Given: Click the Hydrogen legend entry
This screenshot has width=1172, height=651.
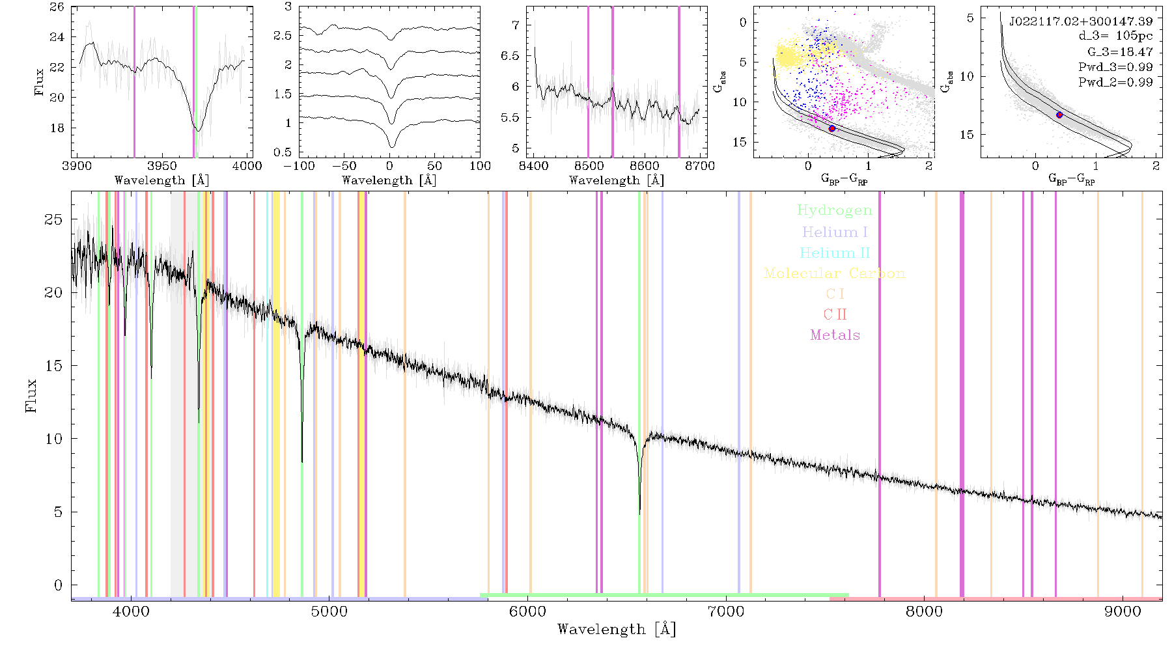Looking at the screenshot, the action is click(x=834, y=210).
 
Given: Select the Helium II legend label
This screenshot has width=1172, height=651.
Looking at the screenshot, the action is click(x=835, y=253).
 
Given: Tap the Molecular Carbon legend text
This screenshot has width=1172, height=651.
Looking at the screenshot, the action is click(x=835, y=273).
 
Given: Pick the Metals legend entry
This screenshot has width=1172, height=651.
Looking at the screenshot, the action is click(x=835, y=335).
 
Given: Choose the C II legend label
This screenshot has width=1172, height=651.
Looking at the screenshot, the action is click(x=835, y=314).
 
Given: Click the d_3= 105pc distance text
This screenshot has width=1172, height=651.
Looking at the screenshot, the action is click(x=1115, y=36).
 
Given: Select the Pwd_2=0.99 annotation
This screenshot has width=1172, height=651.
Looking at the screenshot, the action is click(x=1115, y=82).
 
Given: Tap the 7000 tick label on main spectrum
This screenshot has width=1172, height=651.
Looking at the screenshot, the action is click(x=726, y=612).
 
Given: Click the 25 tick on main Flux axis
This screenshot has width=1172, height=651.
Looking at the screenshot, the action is click(x=53, y=219).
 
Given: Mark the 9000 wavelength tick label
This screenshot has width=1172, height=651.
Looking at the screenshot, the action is click(x=1123, y=612).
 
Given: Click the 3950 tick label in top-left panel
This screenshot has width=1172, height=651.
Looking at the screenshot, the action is click(x=162, y=166).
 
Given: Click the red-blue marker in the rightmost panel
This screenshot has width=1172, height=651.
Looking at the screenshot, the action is click(x=1059, y=115).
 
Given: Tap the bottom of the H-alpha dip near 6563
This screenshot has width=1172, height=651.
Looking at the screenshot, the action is click(x=639, y=514).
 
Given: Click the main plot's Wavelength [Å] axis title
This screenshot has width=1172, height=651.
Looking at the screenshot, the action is click(x=617, y=630).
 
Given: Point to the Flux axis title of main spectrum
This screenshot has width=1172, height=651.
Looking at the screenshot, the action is click(x=31, y=395).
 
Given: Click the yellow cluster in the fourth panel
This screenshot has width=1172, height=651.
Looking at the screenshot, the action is click(x=789, y=56).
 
